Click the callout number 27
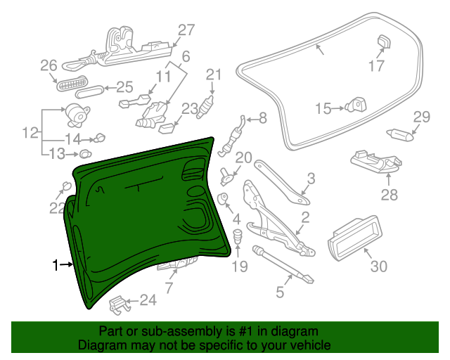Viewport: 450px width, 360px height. coord(185,30)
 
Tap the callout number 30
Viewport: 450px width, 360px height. coord(378,266)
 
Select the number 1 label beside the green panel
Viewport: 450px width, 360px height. coord(56,265)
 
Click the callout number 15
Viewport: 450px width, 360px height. coord(323,108)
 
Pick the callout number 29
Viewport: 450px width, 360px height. coord(421,117)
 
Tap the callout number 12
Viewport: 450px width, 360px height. coord(30,132)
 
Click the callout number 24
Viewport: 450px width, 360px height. coord(148,300)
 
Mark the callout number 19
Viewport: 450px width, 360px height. coord(240,266)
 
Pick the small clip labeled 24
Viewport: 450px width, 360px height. coord(121,304)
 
